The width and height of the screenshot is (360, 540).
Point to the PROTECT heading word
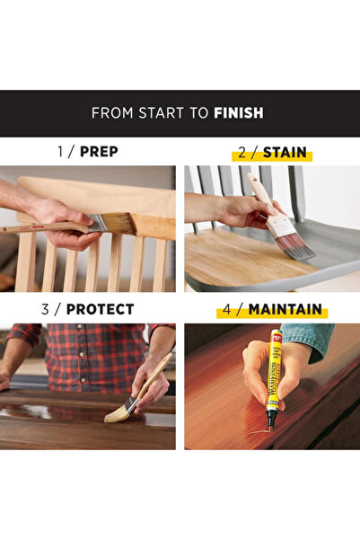click(100, 309)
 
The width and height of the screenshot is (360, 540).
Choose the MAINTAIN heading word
click(285, 309)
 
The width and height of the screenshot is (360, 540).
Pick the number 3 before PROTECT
click(44, 309)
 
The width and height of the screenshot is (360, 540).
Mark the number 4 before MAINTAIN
click(226, 309)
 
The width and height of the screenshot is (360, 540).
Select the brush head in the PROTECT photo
click(118, 412)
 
